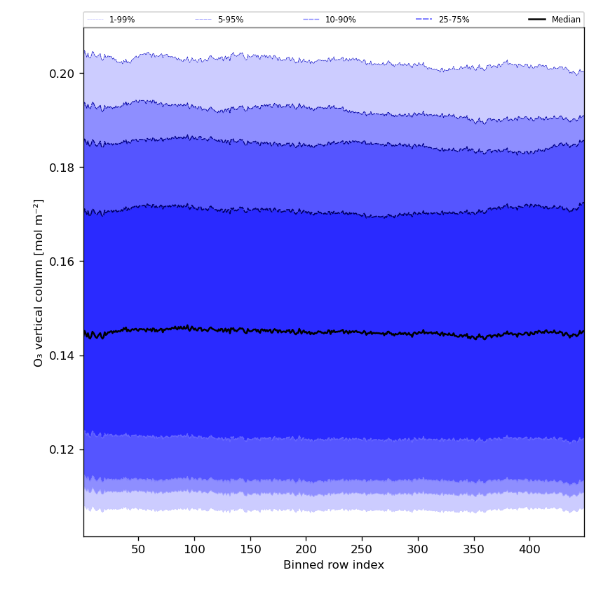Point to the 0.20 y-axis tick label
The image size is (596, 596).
pyautogui.click(x=62, y=74)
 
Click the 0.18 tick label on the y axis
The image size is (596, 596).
pyautogui.click(x=62, y=168)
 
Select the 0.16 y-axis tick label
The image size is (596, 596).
pyautogui.click(x=62, y=262)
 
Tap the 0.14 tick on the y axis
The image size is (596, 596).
pyautogui.click(x=62, y=355)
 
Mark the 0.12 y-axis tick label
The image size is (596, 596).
pyautogui.click(x=62, y=449)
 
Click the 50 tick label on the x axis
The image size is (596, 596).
pyautogui.click(x=138, y=548)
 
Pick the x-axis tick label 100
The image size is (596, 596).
pyautogui.click(x=194, y=548)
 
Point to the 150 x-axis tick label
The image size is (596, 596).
pyautogui.click(x=250, y=548)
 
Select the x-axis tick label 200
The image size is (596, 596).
pyautogui.click(x=306, y=548)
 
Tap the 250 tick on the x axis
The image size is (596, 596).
pyautogui.click(x=362, y=548)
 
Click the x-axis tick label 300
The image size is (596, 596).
pyautogui.click(x=418, y=548)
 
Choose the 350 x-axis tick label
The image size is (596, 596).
pyautogui.click(x=473, y=548)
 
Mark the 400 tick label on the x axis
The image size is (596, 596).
pyautogui.click(x=529, y=548)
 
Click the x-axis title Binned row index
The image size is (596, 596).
pyautogui.click(x=334, y=565)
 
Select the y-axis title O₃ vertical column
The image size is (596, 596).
pyautogui.click(x=39, y=282)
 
